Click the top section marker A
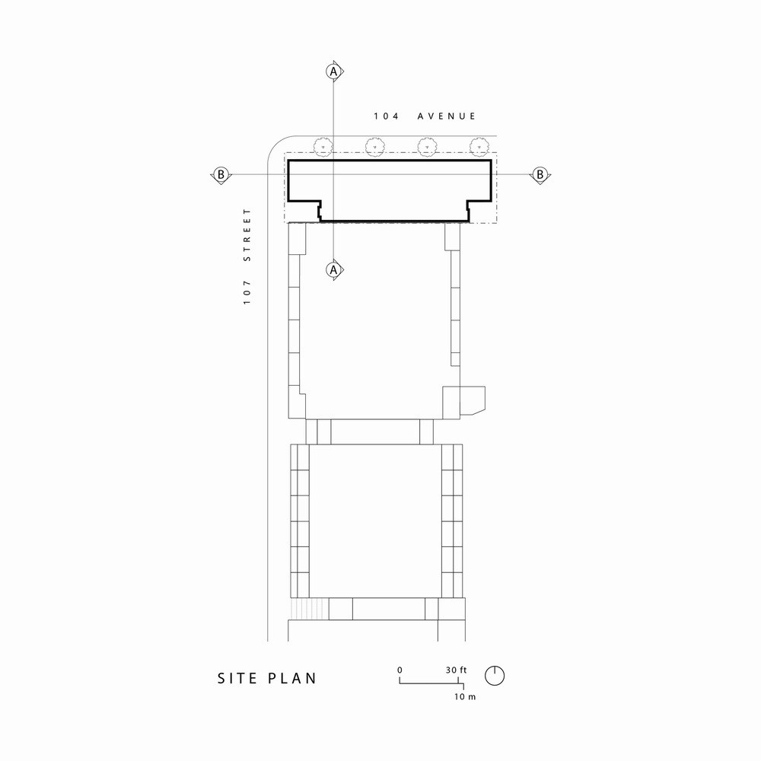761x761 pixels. click(333, 71)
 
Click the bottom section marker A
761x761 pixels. click(333, 269)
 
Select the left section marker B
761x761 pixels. click(221, 174)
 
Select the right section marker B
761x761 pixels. click(540, 174)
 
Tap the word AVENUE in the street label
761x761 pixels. click(447, 116)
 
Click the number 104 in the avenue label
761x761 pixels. click(384, 116)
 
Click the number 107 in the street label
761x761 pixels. click(247, 293)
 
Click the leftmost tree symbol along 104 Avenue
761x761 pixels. click(323, 145)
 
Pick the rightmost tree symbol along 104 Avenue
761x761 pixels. click(479, 145)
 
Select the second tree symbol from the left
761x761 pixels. click(374, 145)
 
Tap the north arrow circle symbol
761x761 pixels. click(495, 674)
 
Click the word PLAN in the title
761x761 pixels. click(293, 678)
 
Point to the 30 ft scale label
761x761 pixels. click(457, 670)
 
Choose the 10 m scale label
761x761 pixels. click(464, 697)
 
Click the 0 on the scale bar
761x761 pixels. click(400, 670)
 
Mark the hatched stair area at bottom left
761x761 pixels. click(308, 609)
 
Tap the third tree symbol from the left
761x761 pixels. click(427, 145)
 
